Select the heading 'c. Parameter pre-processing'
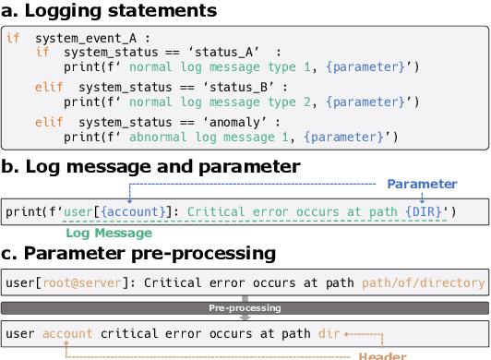(138, 253)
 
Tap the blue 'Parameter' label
(422, 185)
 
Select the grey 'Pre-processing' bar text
(245, 308)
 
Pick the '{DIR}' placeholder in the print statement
(423, 211)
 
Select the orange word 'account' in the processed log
(66, 332)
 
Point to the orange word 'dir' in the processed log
(329, 332)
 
